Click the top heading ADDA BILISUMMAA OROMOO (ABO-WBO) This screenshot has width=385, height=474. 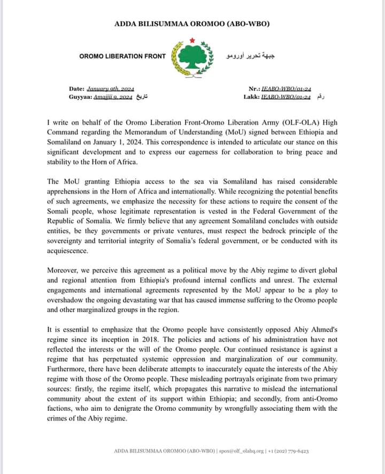point(192,24)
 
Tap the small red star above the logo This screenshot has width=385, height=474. point(191,39)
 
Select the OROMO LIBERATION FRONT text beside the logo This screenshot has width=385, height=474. point(122,56)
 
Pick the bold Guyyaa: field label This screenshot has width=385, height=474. point(80,96)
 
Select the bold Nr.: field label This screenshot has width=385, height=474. point(254,88)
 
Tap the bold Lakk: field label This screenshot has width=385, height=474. point(251,96)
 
